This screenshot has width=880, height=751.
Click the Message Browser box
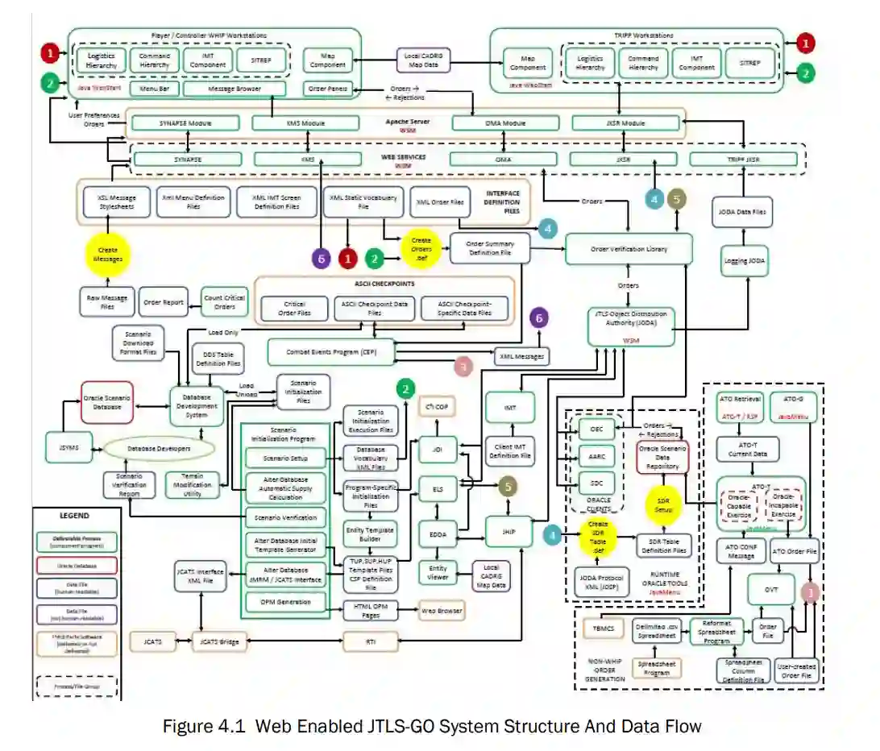(235, 89)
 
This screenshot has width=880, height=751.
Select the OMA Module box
(504, 123)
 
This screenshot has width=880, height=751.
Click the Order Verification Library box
(629, 249)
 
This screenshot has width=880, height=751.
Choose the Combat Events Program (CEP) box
(331, 352)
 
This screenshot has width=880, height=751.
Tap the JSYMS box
(69, 448)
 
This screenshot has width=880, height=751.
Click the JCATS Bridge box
(220, 641)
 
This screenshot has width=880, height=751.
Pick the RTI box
(371, 641)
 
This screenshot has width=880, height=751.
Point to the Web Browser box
(442, 612)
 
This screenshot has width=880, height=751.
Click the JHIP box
(508, 532)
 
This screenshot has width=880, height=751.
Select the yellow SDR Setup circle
(664, 506)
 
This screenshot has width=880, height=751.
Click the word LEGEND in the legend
(75, 516)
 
